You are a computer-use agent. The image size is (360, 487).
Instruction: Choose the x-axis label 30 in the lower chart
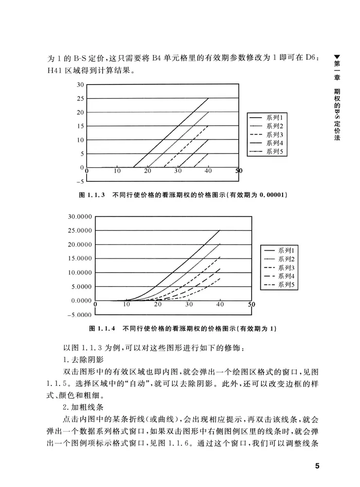pos(189,304)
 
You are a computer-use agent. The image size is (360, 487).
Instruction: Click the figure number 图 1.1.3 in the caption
pos(92,196)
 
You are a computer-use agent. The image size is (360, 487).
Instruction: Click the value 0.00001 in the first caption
pos(271,196)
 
